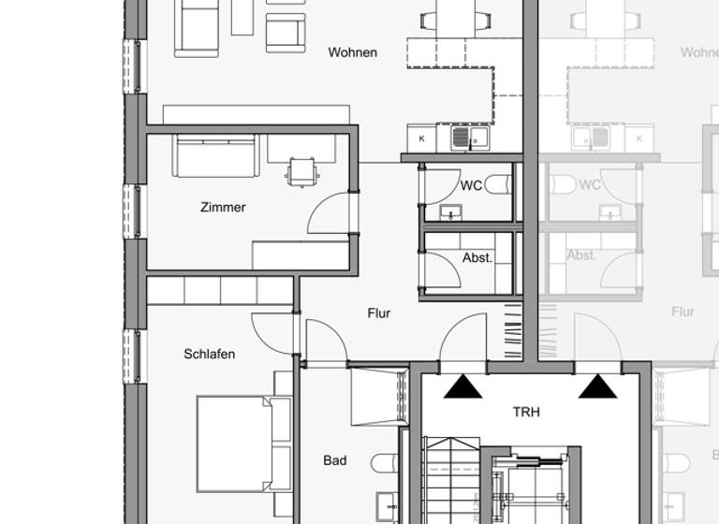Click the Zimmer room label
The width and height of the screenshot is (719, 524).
click(x=223, y=207)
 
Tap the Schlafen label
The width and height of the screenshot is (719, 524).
click(x=209, y=354)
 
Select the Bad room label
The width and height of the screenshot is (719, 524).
click(x=334, y=460)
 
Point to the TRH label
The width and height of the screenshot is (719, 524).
click(x=526, y=411)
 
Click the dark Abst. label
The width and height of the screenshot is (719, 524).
click(x=477, y=257)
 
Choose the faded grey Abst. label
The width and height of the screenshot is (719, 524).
click(x=581, y=255)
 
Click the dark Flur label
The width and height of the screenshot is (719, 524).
click(x=378, y=313)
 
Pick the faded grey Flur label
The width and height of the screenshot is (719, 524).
click(x=682, y=312)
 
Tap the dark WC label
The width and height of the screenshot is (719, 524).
click(x=471, y=185)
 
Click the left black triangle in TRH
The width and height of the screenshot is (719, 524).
click(x=462, y=386)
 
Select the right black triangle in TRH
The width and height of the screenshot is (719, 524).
click(x=597, y=386)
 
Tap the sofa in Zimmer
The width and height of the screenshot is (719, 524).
click(x=214, y=154)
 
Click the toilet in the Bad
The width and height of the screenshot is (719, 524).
click(x=385, y=463)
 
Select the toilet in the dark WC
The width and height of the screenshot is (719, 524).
click(x=498, y=184)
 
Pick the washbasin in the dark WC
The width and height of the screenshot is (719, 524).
click(x=450, y=212)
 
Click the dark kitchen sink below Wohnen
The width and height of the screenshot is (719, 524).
click(x=462, y=138)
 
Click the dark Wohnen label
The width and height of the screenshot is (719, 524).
click(x=352, y=52)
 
